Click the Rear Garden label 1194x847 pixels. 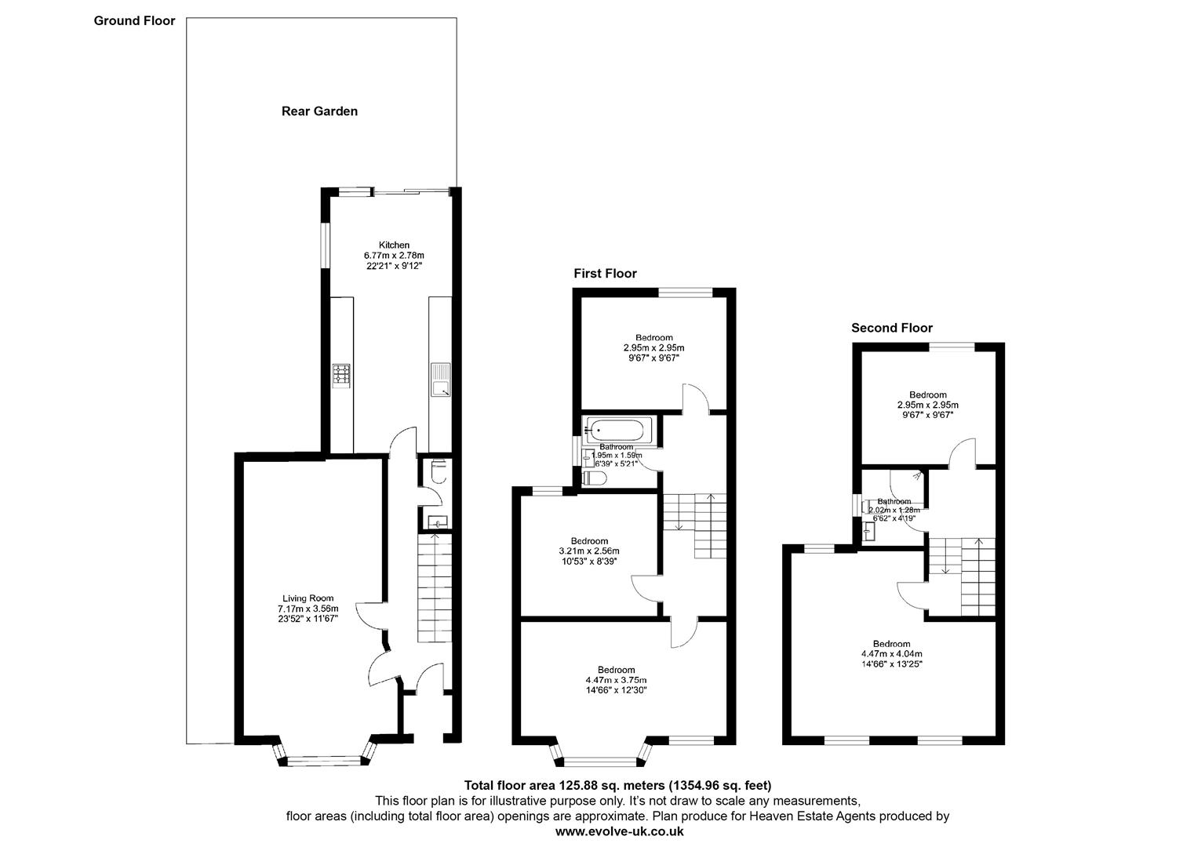[319, 111]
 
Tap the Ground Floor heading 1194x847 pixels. [134, 21]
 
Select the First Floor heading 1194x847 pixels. [605, 274]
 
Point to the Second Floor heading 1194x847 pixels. [892, 328]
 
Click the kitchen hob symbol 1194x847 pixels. [341, 375]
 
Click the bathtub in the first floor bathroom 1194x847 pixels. [617, 430]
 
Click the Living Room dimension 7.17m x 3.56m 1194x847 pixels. [308, 609]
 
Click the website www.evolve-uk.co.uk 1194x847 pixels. [619, 831]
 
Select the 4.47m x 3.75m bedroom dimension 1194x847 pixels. [616, 680]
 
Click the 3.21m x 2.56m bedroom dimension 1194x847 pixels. [588, 551]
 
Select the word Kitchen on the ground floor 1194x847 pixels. [394, 245]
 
